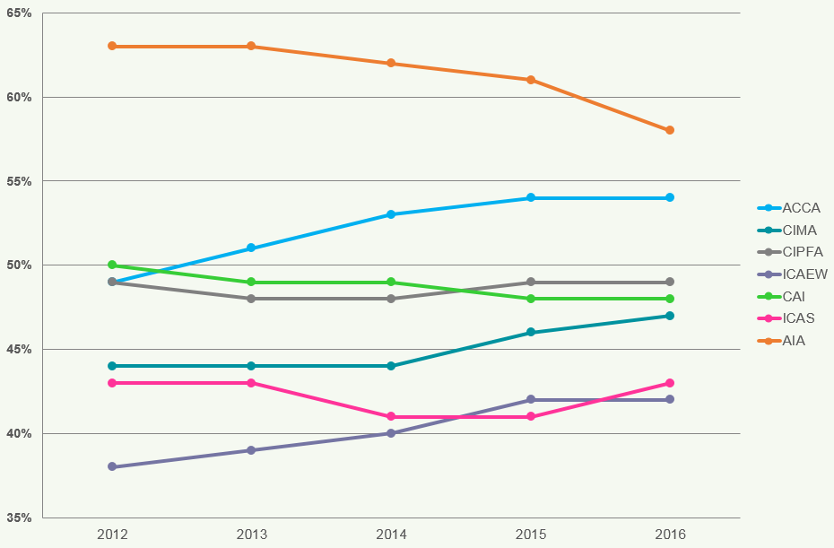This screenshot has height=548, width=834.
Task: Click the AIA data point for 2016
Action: coord(670,130)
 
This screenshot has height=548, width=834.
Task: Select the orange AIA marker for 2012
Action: coord(112,46)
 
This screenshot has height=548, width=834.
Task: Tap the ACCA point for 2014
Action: coord(391,214)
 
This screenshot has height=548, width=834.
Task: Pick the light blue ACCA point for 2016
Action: coord(670,197)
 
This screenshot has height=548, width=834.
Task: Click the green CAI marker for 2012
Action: coord(112,265)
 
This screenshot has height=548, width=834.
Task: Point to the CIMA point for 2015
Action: coord(531,332)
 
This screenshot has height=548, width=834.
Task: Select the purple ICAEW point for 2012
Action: coord(112,466)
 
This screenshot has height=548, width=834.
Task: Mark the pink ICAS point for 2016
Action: coord(670,383)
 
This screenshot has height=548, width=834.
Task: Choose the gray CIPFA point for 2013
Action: coord(251,299)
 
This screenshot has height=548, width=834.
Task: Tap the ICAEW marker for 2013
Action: coord(251,450)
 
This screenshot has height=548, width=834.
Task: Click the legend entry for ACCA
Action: coord(801,208)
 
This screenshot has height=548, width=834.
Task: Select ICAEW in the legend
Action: coord(804,274)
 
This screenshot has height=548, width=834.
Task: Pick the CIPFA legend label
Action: coord(803,252)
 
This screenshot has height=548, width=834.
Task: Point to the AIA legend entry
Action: coord(794,341)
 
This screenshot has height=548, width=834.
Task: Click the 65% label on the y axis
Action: coord(19,13)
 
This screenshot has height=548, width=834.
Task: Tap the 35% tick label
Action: coord(19,518)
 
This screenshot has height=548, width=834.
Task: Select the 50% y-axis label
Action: coord(19,265)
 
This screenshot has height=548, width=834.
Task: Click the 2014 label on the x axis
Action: coord(391,535)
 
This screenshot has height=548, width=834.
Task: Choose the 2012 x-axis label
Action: coord(112,535)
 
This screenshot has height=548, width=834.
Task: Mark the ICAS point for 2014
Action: coord(391,416)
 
